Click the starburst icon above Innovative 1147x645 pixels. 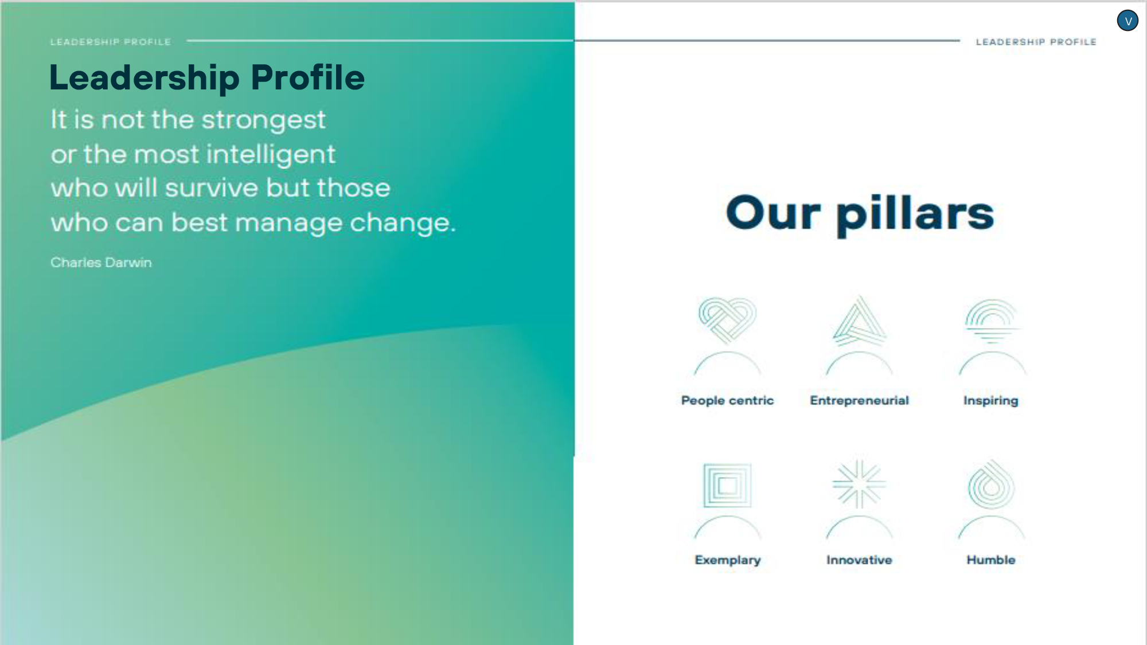pyautogui.click(x=859, y=484)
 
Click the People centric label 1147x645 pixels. pyautogui.click(x=727, y=401)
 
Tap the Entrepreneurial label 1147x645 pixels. pyautogui.click(x=859, y=401)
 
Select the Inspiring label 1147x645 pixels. pyautogui.click(x=991, y=401)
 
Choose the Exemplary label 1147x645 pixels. pyautogui.click(x=728, y=560)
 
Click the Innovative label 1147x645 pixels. pyautogui.click(x=859, y=560)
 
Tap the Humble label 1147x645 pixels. pyautogui.click(x=991, y=560)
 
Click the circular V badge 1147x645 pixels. pyautogui.click(x=1128, y=21)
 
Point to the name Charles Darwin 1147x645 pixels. pyautogui.click(x=101, y=263)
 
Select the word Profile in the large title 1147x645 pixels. pyautogui.click(x=307, y=77)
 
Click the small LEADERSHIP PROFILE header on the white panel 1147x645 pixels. pyautogui.click(x=1036, y=42)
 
